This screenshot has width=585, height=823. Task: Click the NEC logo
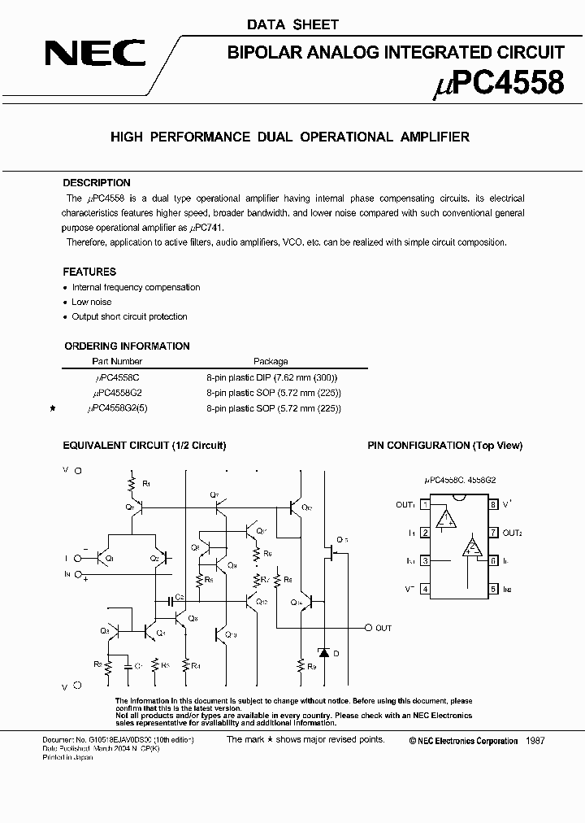[95, 54]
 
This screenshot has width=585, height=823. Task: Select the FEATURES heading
[89, 272]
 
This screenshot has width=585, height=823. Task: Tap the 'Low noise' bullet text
[92, 302]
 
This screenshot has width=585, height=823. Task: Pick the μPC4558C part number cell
[117, 377]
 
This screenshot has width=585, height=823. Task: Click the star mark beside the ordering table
[53, 407]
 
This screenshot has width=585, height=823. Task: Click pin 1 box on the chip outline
[425, 505]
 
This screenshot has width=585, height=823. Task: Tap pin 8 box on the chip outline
[493, 505]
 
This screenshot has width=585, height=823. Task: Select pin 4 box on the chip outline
[425, 589]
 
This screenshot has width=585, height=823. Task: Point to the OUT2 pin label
[512, 533]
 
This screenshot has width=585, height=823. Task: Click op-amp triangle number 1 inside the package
[444, 520]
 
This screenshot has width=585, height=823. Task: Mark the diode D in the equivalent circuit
[324, 652]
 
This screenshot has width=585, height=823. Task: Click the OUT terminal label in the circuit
[383, 628]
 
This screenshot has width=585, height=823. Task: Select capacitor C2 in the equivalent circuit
[172, 600]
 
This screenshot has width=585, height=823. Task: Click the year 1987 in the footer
[535, 741]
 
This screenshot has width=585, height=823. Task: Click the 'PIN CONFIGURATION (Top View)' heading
[444, 445]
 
